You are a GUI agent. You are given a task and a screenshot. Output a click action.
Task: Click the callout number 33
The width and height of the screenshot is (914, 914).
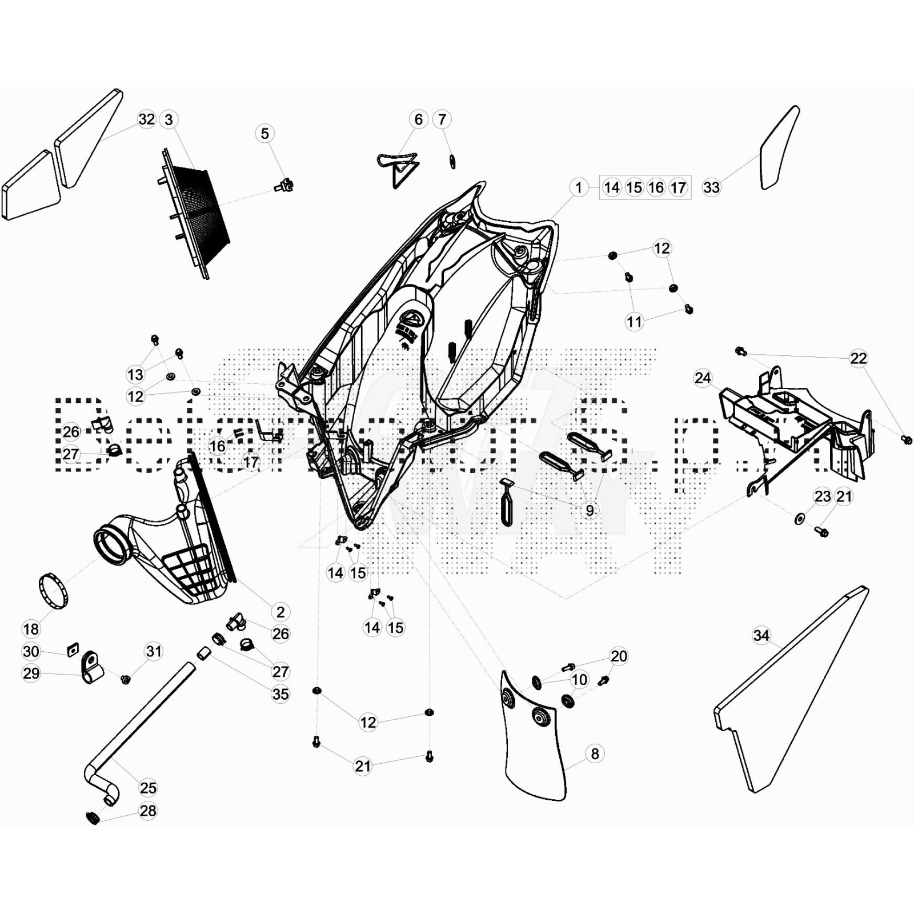711,187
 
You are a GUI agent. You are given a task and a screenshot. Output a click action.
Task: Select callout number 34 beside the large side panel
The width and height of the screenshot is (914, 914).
761,635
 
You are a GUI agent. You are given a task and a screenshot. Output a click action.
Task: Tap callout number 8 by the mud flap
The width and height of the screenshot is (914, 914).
595,753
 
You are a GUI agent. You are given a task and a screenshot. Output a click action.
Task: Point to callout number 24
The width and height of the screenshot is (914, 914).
703,378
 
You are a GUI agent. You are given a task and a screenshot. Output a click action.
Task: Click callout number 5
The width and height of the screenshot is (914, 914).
264,133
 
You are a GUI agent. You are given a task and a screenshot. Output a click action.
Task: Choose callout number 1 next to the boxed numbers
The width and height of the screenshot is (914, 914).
579,187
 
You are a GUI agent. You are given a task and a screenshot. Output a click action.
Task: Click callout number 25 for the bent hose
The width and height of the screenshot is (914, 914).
148,788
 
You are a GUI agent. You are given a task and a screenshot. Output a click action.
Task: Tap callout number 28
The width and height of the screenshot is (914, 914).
148,811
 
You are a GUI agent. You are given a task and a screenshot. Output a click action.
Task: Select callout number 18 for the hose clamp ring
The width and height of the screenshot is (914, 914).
31,629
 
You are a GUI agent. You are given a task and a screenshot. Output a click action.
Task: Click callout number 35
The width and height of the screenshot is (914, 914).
280,694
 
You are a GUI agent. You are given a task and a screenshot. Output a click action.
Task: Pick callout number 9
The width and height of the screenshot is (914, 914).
590,510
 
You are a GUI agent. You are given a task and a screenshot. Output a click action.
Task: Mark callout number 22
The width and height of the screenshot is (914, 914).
859,358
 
